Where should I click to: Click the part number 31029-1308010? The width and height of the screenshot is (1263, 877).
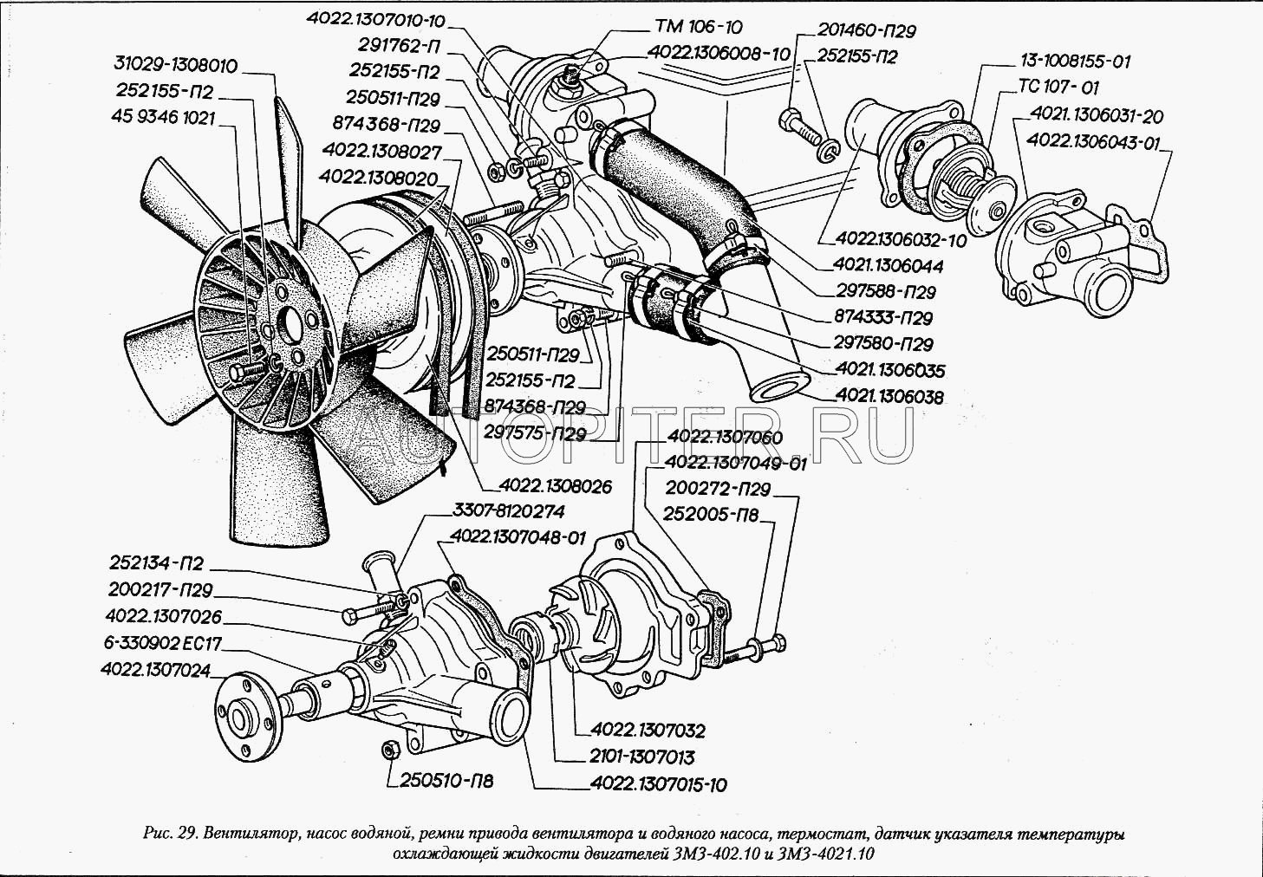(175, 67)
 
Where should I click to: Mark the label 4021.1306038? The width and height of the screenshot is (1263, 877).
(889, 396)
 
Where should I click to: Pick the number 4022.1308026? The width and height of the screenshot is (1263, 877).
(556, 487)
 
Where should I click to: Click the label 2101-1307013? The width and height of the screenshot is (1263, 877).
(641, 757)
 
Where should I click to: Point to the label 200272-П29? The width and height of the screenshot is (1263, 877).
(716, 490)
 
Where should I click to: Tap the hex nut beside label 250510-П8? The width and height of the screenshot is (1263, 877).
(389, 749)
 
